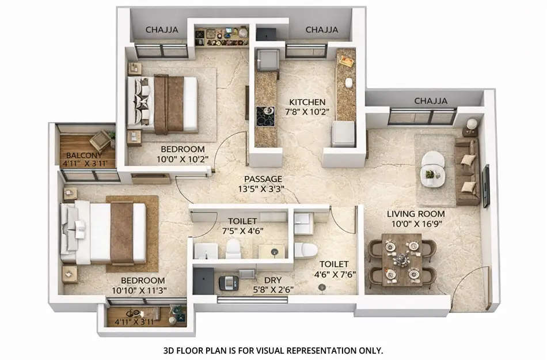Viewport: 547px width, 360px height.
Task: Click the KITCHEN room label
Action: click(x=308, y=102)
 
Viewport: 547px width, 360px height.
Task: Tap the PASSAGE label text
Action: click(x=263, y=179)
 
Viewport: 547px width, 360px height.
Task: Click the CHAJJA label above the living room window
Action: click(x=431, y=101)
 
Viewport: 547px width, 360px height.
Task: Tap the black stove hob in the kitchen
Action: click(x=265, y=116)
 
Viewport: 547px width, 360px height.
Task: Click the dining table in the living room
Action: click(x=401, y=260)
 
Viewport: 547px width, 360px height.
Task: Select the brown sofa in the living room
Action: click(x=467, y=171)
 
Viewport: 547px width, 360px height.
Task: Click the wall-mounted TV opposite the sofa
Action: click(x=486, y=185)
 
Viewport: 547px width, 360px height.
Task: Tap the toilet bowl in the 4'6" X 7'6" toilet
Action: click(x=305, y=250)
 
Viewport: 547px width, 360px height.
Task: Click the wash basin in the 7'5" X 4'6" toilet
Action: click(x=205, y=251)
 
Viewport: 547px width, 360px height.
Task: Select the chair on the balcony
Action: click(x=100, y=140)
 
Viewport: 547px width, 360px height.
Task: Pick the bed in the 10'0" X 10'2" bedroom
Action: click(x=162, y=104)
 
